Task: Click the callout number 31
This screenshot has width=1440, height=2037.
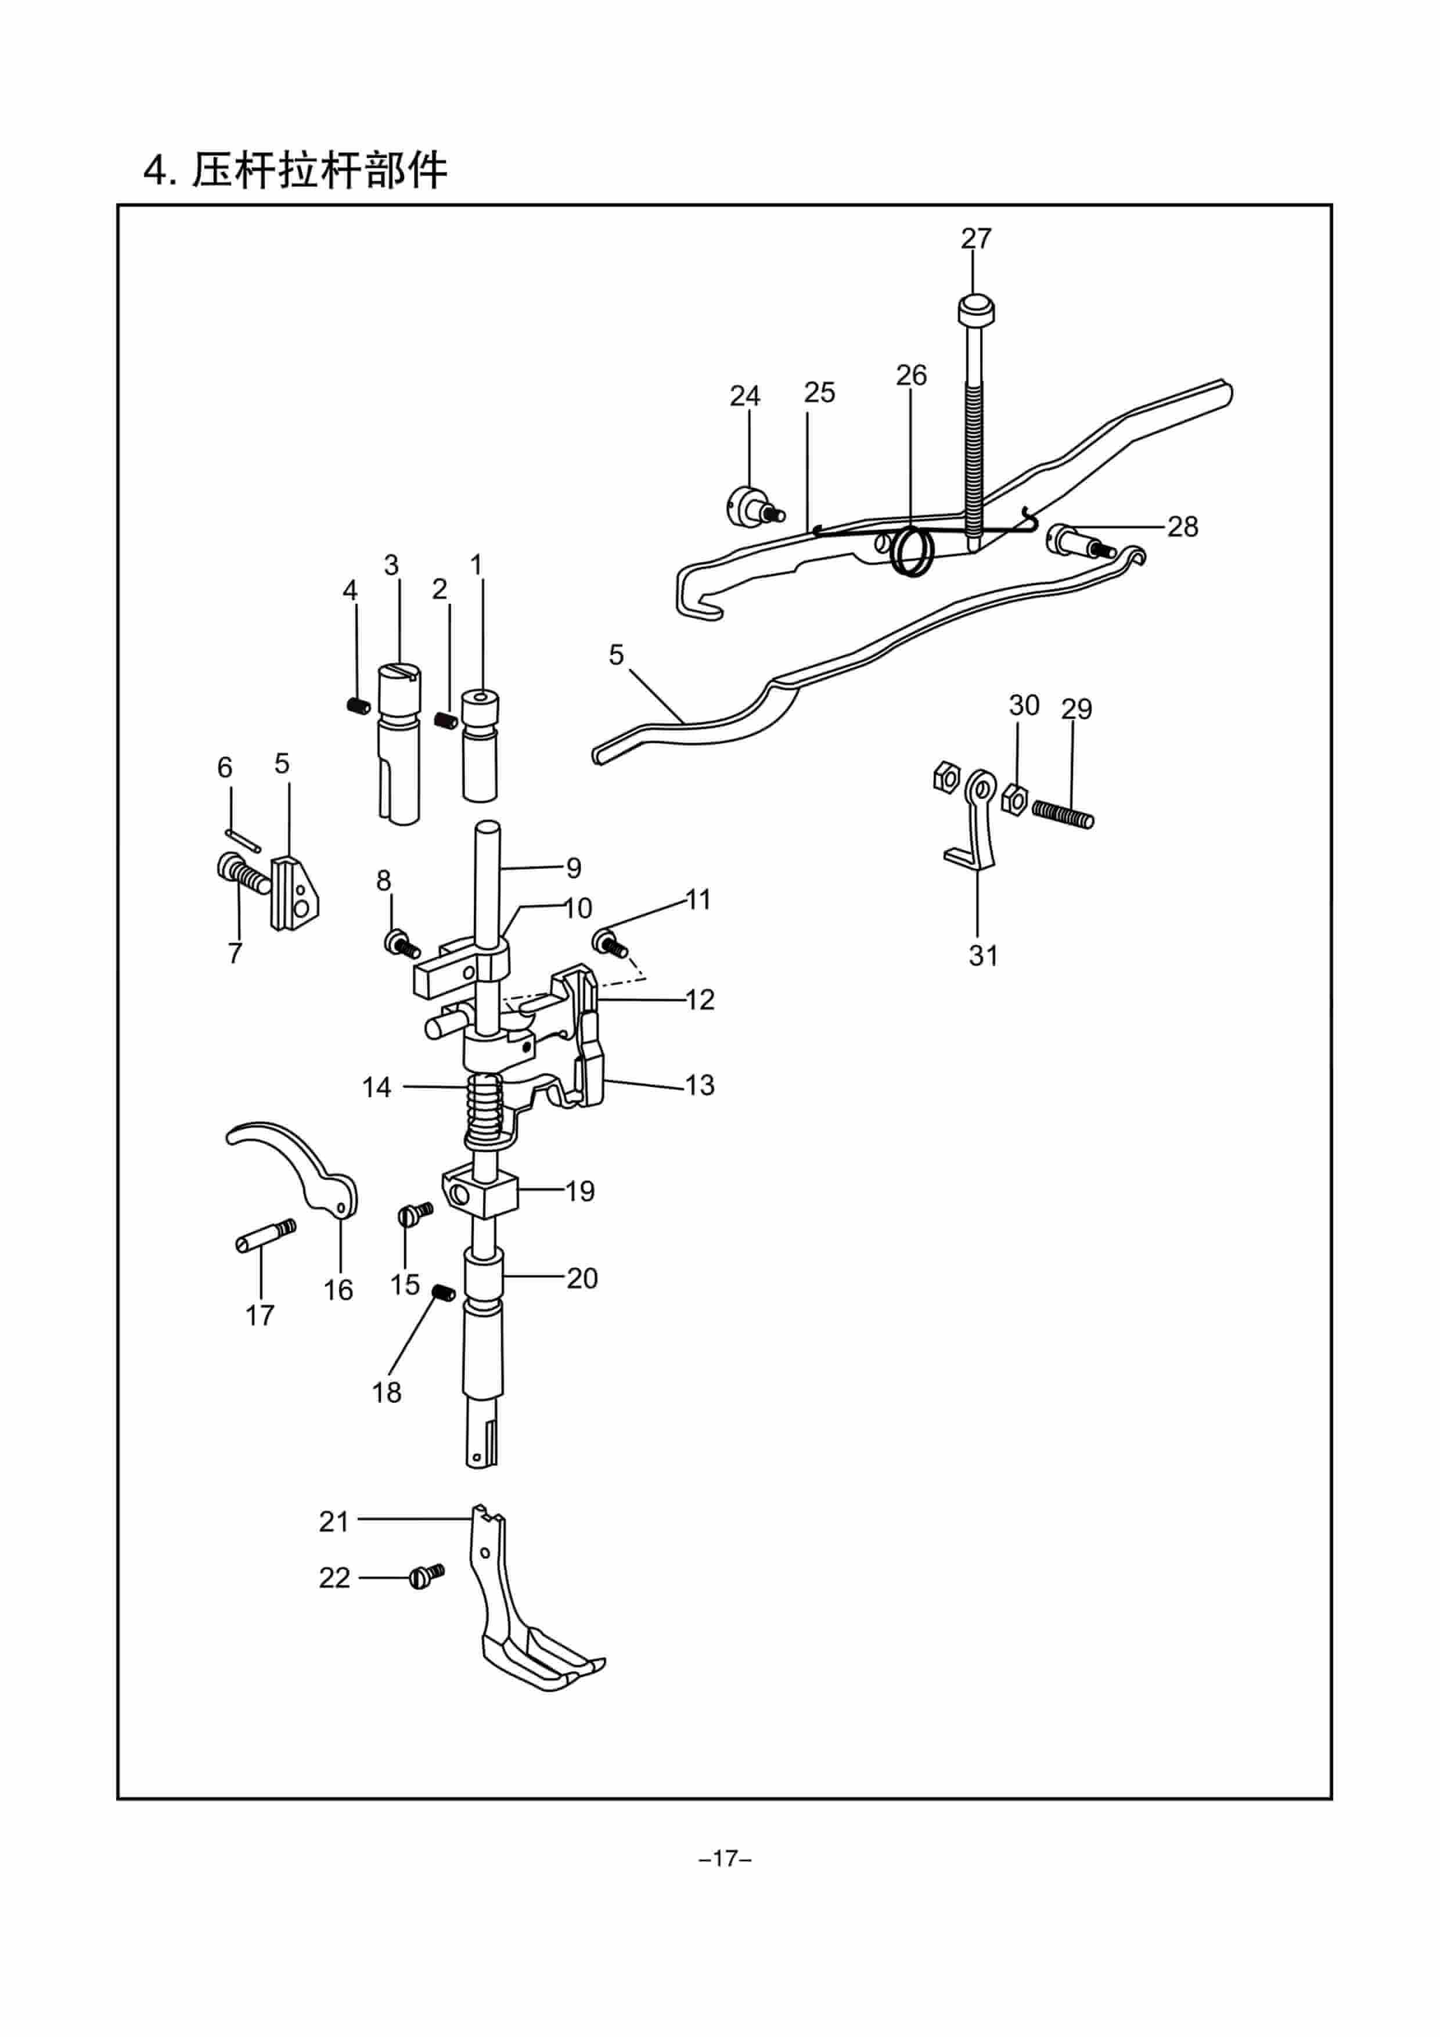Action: pos(983,956)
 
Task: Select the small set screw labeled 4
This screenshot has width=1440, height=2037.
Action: pos(358,706)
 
